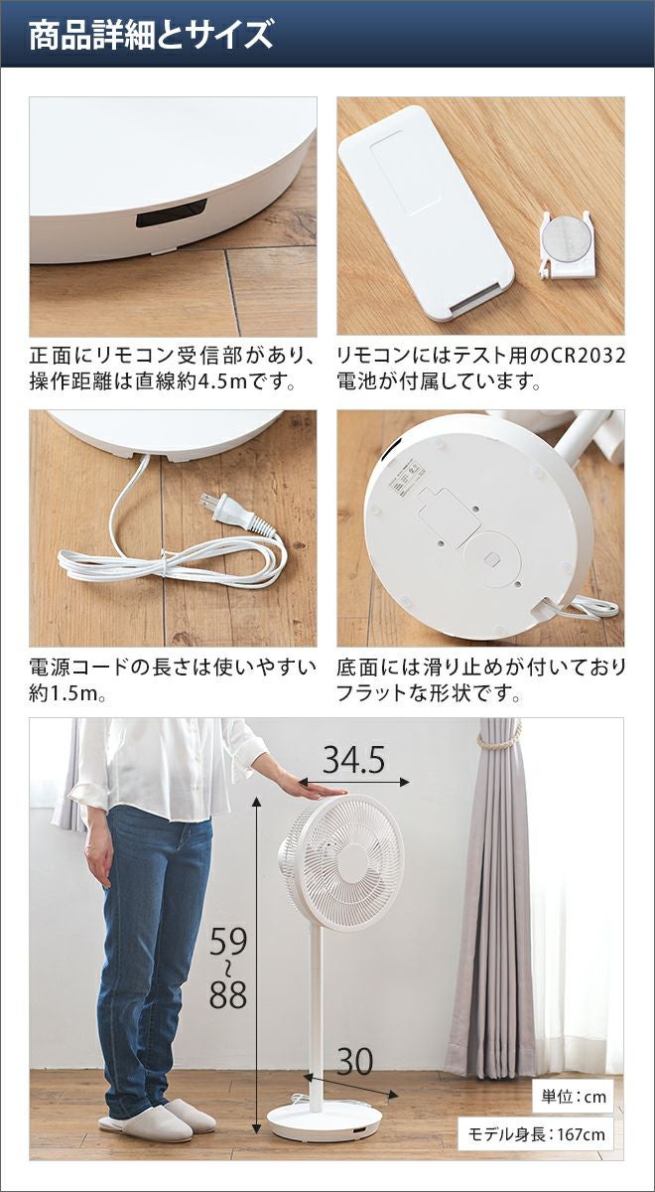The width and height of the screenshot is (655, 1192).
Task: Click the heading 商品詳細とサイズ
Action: tap(151, 35)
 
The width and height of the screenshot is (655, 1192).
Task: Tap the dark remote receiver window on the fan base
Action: tap(172, 213)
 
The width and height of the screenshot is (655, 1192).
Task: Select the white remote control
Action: tap(426, 212)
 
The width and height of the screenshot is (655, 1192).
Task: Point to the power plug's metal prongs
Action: tap(209, 503)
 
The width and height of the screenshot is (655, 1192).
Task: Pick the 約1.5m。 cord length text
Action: tap(66, 693)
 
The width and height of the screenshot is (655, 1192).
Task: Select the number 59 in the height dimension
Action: tap(228, 942)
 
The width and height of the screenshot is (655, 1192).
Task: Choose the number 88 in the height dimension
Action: tap(228, 994)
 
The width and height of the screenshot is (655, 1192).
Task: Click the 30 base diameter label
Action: tap(354, 1047)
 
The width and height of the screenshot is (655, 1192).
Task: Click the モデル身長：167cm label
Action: tap(536, 1134)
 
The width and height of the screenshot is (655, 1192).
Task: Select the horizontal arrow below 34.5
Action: tap(353, 782)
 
